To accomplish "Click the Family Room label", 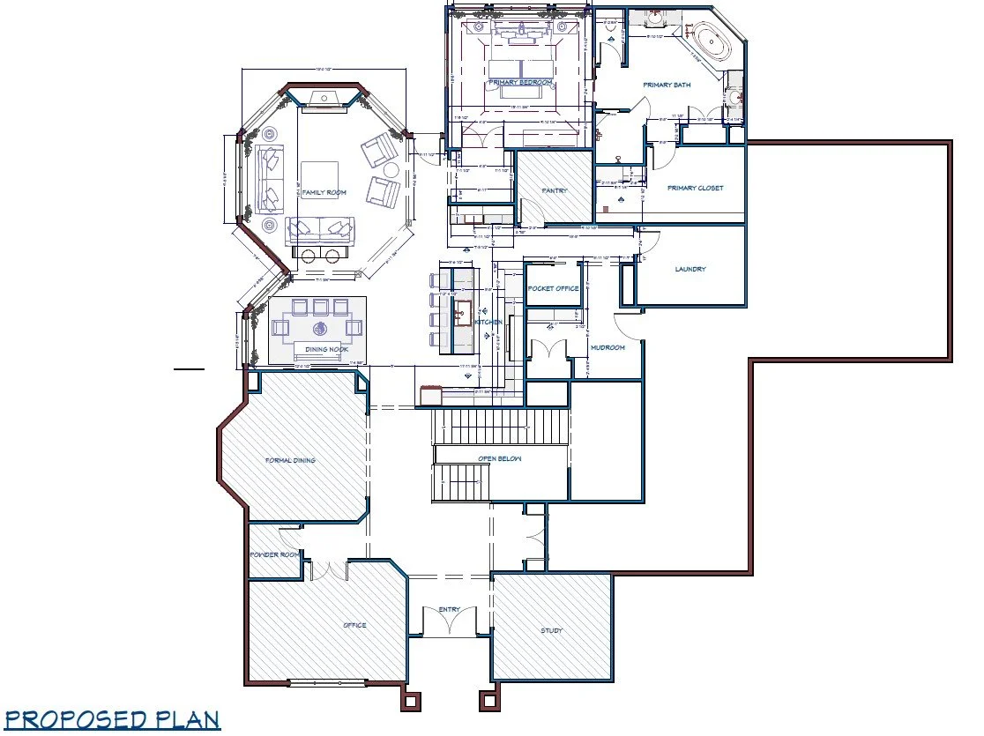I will pyautogui.click(x=324, y=192).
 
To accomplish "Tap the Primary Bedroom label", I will pyautogui.click(x=520, y=83).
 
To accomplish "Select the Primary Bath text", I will pyautogui.click(x=667, y=85).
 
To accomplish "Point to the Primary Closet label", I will pyautogui.click(x=695, y=188).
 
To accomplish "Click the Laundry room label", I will pyautogui.click(x=690, y=269).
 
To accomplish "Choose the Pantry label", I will pyautogui.click(x=554, y=190).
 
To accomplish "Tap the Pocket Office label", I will pyautogui.click(x=553, y=288).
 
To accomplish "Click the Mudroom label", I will pyautogui.click(x=608, y=348).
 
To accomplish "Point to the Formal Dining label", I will pyautogui.click(x=291, y=460).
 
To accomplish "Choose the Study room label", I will pyautogui.click(x=550, y=630).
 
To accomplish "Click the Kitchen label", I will pyautogui.click(x=488, y=323).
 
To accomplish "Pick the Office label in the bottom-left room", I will pyautogui.click(x=354, y=626).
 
